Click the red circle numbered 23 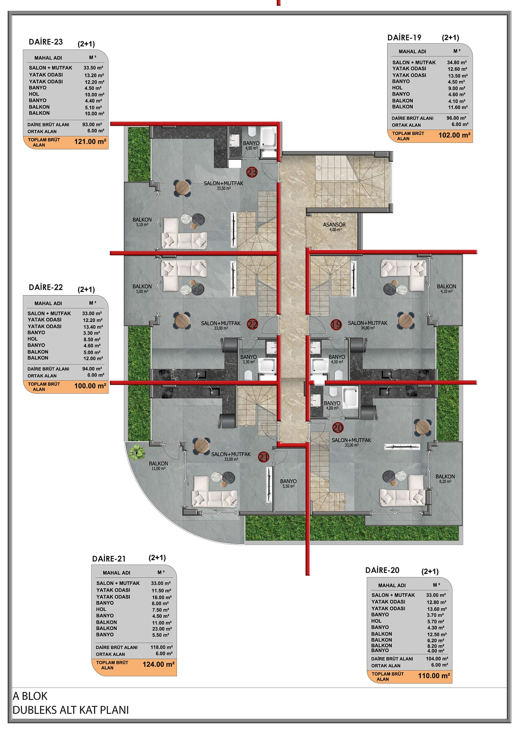tap(252, 172)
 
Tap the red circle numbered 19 tap(336, 325)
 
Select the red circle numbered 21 tap(264, 457)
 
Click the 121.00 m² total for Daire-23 tap(90, 142)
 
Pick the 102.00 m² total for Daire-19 tap(454, 135)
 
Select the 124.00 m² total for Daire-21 tap(159, 664)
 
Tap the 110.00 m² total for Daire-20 tap(434, 676)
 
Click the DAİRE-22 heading tap(46, 287)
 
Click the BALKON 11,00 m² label tap(158, 465)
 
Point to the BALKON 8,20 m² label tap(445, 479)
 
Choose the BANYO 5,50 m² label tap(288, 483)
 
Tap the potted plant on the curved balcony tap(137, 451)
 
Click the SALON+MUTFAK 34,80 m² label tap(368, 325)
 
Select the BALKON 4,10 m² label tap(446, 288)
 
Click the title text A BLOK tap(30, 696)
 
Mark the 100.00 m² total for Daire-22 tap(90, 386)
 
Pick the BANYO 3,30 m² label tap(248, 359)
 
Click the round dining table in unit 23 tap(182, 188)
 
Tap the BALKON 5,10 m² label tap(142, 222)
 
